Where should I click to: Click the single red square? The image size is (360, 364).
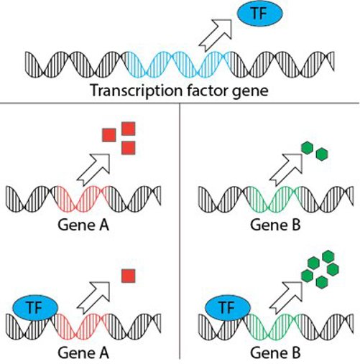tap(129, 276)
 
